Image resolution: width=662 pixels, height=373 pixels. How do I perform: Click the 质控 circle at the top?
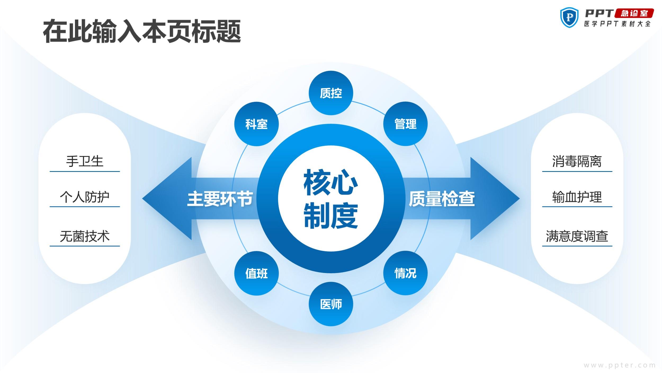[331, 93]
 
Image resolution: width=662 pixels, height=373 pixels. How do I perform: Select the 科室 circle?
[256, 124]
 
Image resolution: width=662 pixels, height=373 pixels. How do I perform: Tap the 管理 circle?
[405, 124]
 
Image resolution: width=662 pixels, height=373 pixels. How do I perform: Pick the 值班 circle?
[256, 273]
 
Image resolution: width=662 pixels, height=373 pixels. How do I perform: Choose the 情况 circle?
[405, 273]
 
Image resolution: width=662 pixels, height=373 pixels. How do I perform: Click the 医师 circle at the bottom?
[331, 304]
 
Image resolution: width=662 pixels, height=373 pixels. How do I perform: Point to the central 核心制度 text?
[331, 199]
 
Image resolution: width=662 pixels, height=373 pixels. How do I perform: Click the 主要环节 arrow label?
[220, 199]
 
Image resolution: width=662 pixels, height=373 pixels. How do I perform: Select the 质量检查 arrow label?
[442, 199]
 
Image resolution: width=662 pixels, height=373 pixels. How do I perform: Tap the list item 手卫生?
[85, 161]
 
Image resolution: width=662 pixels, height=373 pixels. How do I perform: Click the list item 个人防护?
[85, 197]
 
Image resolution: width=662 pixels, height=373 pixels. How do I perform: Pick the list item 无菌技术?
[85, 236]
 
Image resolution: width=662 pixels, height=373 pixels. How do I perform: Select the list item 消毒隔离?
[577, 161]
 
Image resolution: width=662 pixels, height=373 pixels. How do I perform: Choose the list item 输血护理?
[577, 197]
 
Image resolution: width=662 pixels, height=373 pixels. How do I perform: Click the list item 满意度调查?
[577, 236]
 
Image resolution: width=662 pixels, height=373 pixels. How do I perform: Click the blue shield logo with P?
[569, 18]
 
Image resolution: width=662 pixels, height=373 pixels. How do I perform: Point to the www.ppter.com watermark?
[620, 365]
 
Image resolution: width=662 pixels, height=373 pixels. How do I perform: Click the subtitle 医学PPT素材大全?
[618, 24]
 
